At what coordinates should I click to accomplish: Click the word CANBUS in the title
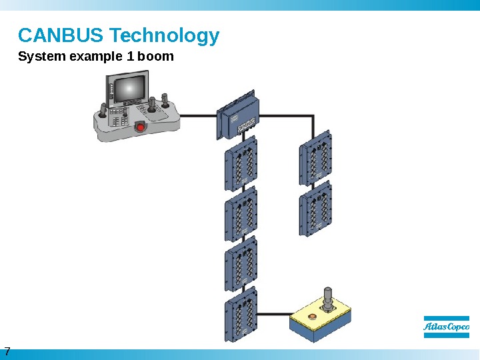[61, 35]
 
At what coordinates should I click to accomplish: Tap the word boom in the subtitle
[155, 57]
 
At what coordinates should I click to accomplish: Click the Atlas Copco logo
[447, 327]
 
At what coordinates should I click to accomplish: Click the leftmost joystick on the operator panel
[102, 110]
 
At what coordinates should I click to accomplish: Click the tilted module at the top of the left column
[237, 116]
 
